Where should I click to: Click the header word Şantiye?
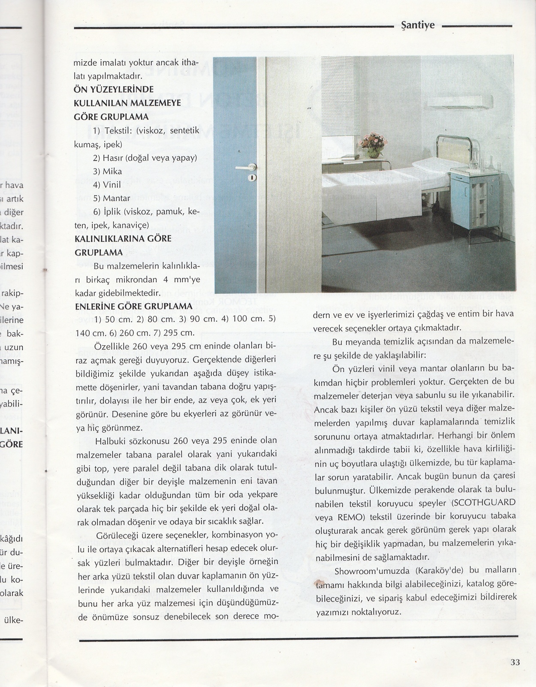pyautogui.click(x=417, y=25)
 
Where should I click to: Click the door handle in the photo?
pyautogui.click(x=247, y=168)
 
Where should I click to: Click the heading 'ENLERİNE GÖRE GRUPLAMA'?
pyautogui.click(x=133, y=307)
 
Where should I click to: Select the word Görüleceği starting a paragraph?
pyautogui.click(x=116, y=536)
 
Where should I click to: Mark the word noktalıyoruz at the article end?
pyautogui.click(x=374, y=612)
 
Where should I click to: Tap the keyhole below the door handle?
pyautogui.click(x=252, y=177)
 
